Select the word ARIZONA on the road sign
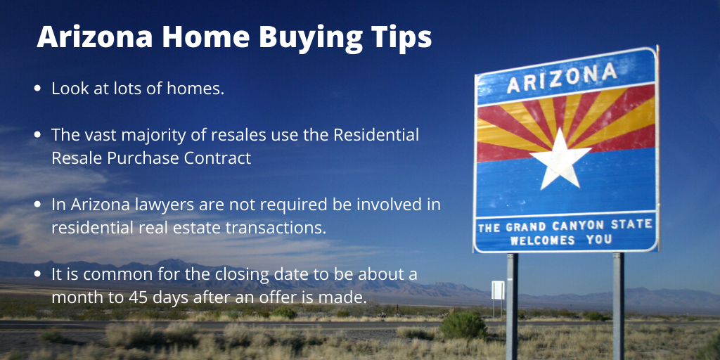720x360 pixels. (x=562, y=77)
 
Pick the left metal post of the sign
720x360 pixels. (x=512, y=306)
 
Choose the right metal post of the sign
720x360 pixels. (x=618, y=306)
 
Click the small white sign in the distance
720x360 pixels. (x=498, y=290)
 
